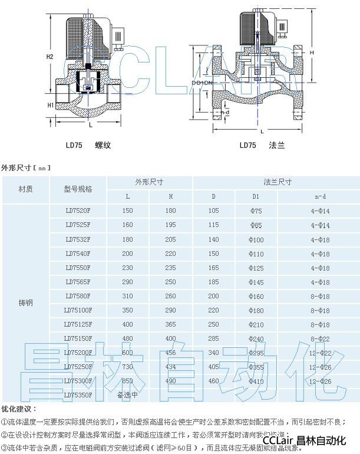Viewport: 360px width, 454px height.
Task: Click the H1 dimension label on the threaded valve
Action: coord(51,105)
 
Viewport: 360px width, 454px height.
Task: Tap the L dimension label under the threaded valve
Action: coord(89,125)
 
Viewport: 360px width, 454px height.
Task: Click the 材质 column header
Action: coord(25,189)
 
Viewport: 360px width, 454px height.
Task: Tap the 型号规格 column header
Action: coord(78,189)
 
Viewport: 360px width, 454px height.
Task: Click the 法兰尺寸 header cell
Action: coord(277,182)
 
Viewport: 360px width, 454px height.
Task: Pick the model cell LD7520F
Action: coord(78,210)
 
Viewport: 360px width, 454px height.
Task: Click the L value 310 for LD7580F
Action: coord(127,296)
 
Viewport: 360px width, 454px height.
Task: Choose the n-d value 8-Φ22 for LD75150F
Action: coord(321,338)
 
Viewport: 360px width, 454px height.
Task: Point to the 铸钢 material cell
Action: coord(25,302)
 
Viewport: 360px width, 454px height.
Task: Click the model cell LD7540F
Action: coord(78,254)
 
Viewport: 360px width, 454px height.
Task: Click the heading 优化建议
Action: coord(19,409)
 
